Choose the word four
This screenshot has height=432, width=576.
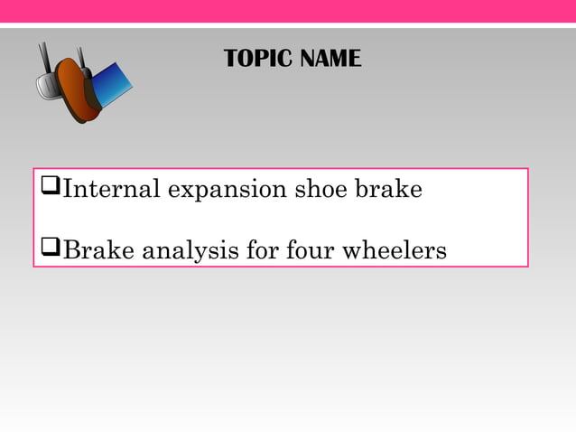click(x=312, y=250)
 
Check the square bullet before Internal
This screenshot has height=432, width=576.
click(x=51, y=191)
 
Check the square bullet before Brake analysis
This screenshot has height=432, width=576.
click(x=51, y=250)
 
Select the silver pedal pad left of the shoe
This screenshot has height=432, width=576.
click(x=46, y=88)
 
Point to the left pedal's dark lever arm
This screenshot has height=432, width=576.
click(x=44, y=60)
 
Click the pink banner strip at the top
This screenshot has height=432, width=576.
click(x=288, y=11)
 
